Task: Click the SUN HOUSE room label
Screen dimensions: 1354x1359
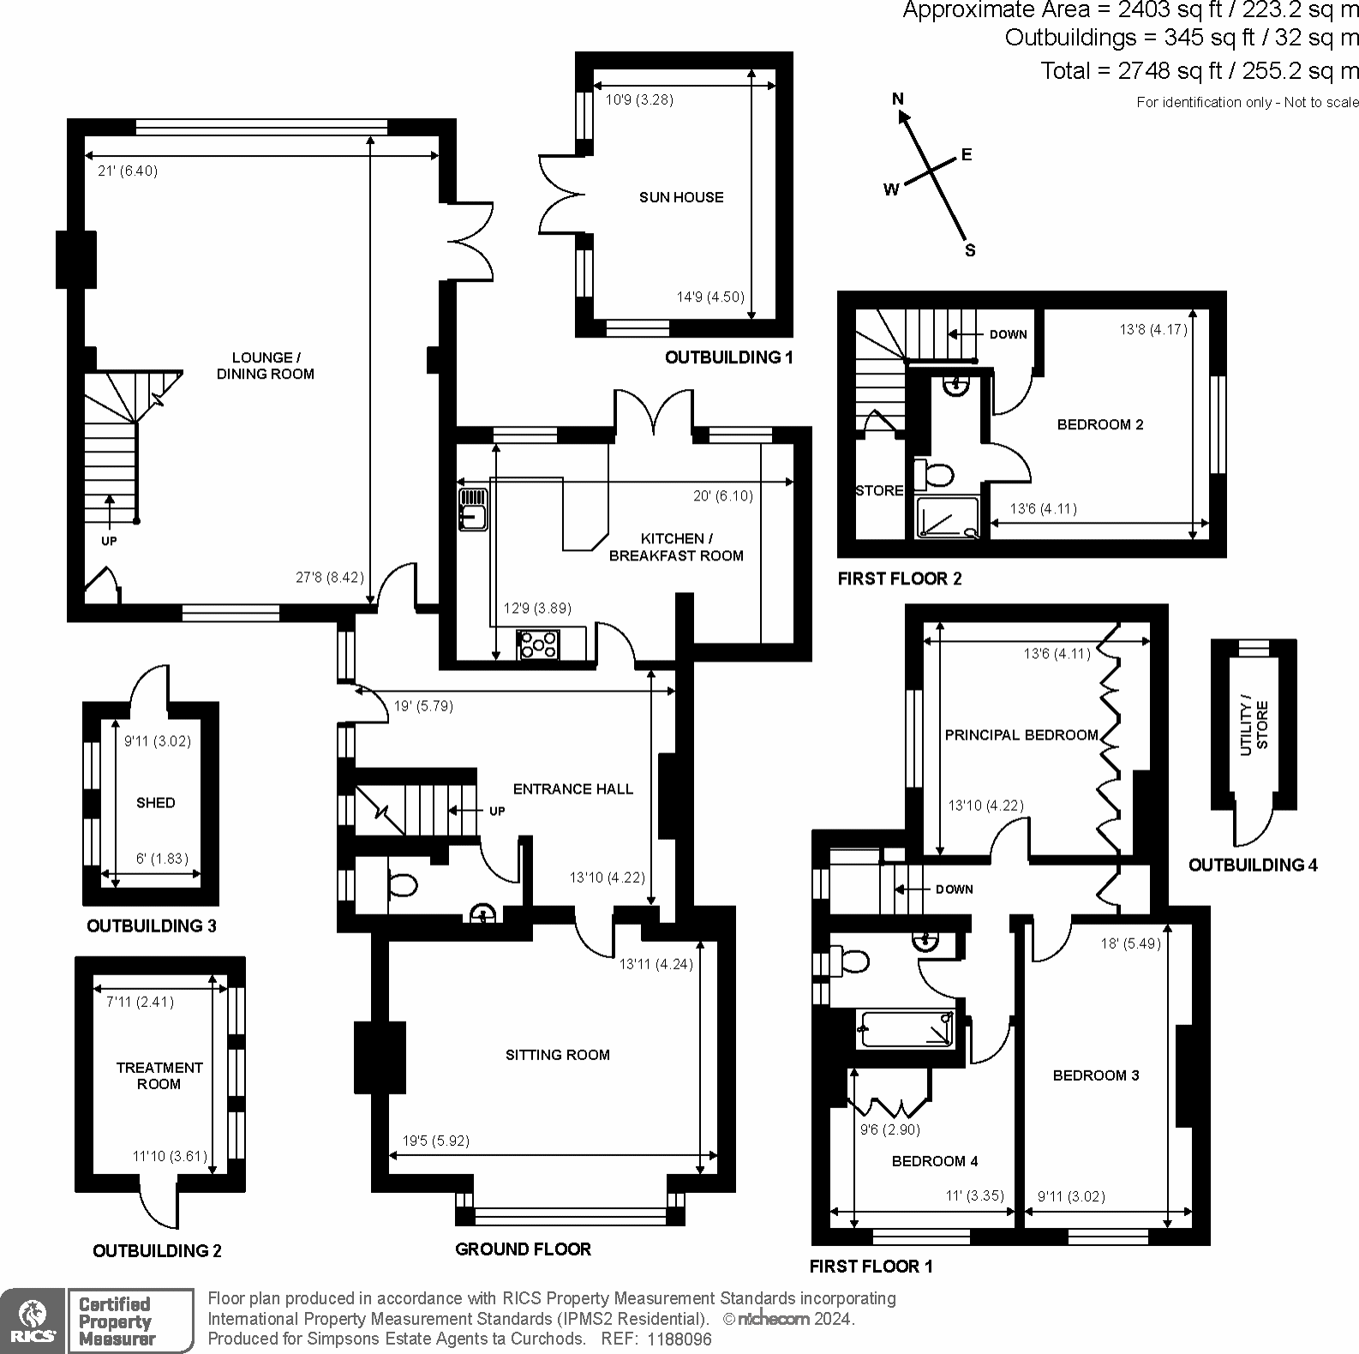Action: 681,197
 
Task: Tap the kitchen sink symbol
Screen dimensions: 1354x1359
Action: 472,507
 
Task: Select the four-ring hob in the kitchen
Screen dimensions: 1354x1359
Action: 538,644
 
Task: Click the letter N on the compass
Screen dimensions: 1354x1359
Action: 898,99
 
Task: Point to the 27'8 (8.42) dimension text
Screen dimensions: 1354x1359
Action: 330,578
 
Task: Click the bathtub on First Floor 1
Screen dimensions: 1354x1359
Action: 907,1029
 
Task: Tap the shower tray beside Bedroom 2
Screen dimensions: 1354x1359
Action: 948,518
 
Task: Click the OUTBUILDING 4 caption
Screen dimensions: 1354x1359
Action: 1252,865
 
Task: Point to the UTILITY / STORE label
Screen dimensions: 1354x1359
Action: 1254,726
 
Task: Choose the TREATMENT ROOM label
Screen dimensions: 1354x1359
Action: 159,1075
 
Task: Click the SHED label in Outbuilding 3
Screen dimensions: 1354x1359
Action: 155,803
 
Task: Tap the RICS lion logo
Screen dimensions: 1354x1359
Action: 32,1320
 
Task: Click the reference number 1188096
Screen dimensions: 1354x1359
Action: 679,1339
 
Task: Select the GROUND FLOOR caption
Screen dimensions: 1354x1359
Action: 523,1249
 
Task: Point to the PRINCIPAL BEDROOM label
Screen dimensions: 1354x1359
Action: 1021,735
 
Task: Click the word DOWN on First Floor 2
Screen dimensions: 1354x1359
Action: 1008,334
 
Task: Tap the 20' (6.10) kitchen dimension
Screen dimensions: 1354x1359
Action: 723,496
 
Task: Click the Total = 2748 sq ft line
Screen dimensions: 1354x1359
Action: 1199,70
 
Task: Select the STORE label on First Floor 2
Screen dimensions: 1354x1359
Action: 879,490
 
